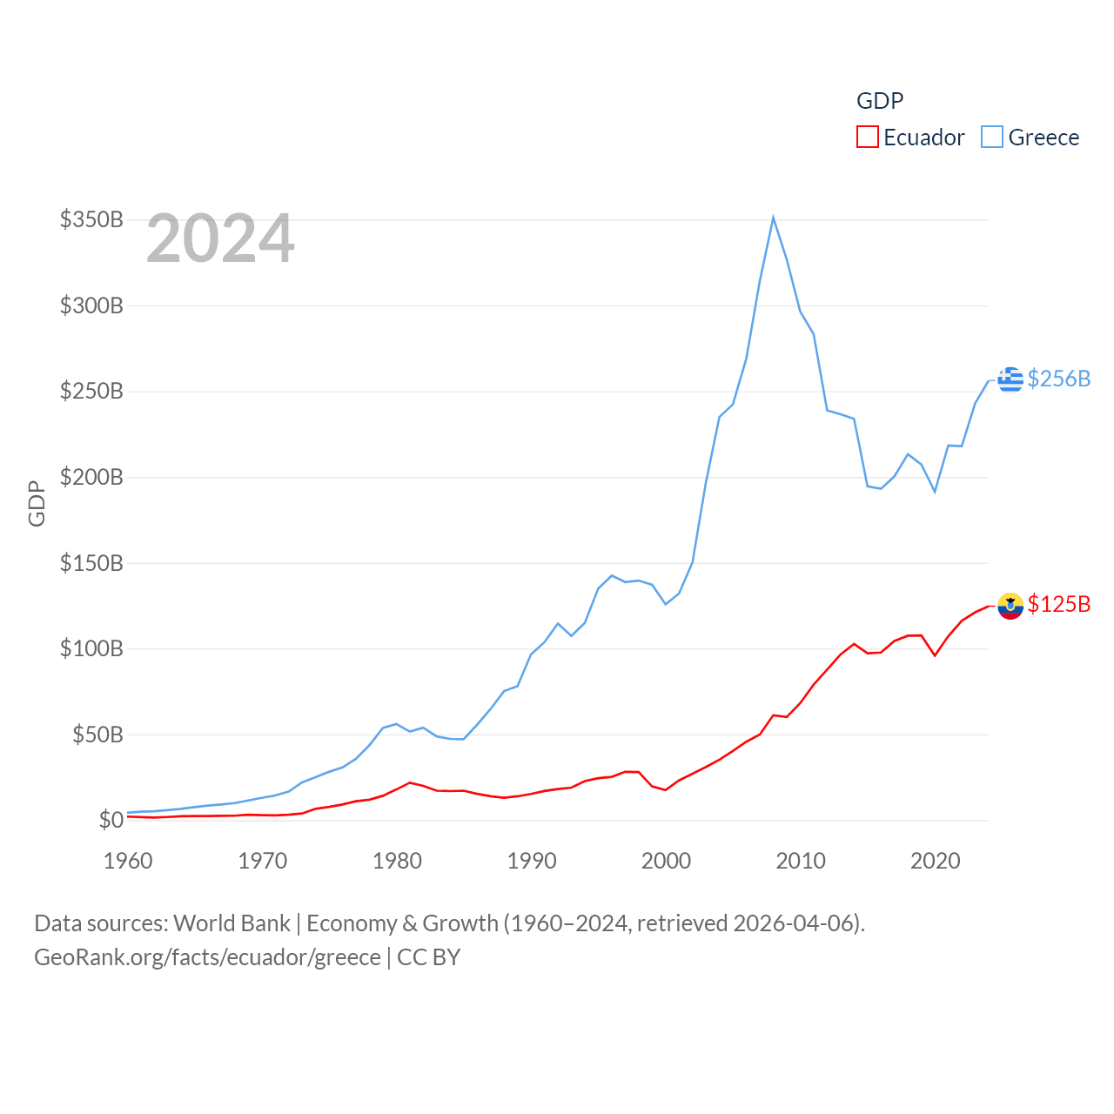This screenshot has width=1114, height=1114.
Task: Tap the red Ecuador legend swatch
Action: (x=868, y=138)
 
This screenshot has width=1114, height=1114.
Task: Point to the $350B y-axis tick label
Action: (x=91, y=219)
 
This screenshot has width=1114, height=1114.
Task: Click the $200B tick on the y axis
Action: (x=91, y=477)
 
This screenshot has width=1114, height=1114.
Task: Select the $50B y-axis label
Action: (x=97, y=735)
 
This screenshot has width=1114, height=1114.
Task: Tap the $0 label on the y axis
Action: (x=111, y=820)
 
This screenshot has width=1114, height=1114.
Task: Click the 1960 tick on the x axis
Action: (x=128, y=861)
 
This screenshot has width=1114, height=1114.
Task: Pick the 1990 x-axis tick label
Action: (x=532, y=861)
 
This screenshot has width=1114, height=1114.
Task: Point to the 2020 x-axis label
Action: (x=936, y=861)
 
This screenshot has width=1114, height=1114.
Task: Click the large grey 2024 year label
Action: (x=220, y=238)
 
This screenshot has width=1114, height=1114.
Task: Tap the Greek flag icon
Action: (x=1010, y=379)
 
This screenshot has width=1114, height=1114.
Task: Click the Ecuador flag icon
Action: (x=1010, y=605)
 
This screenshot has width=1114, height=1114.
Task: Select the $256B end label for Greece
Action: (x=1058, y=379)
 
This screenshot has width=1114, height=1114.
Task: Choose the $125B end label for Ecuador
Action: (x=1058, y=604)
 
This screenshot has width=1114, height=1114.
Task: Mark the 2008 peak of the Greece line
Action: (x=773, y=218)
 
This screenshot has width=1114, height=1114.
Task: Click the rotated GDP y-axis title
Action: (x=37, y=503)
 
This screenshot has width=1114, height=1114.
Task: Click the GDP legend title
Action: (x=880, y=101)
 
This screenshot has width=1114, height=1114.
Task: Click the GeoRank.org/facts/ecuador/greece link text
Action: (x=207, y=957)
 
